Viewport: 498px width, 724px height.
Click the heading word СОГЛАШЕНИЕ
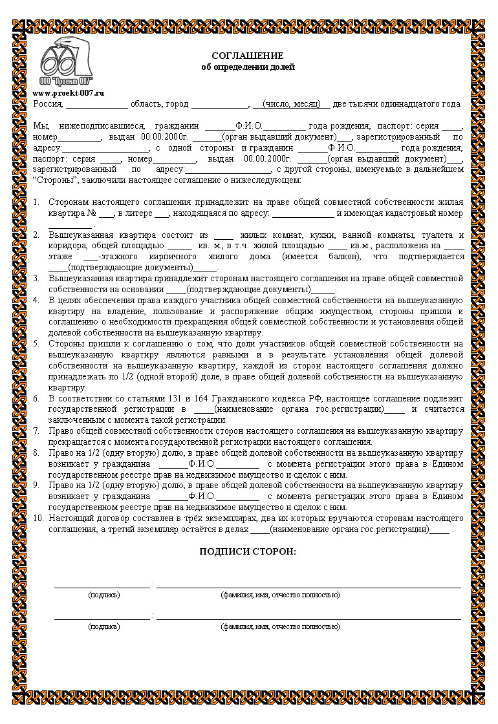[248, 56]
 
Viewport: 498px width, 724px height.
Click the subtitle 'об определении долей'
[248, 67]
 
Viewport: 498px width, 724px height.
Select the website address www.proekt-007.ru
[68, 93]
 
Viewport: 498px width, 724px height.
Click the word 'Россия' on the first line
[47, 103]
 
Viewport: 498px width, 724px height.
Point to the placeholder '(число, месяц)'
[291, 103]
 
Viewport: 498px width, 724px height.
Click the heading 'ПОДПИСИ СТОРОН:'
[248, 551]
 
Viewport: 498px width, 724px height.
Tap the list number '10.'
[38, 518]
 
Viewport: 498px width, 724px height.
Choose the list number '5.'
[37, 343]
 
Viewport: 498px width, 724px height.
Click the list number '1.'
[37, 202]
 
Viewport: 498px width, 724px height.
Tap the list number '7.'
[37, 431]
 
